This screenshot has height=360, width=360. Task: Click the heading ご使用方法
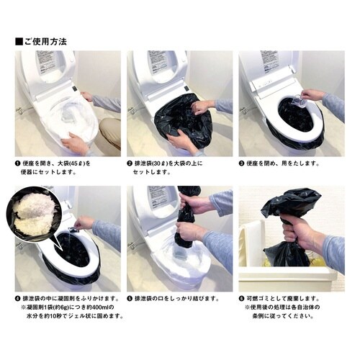point(45,41)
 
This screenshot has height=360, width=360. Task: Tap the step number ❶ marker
point(19,163)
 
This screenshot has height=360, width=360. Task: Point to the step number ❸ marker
point(243,163)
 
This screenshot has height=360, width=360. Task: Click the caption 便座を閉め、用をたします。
point(284,163)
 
